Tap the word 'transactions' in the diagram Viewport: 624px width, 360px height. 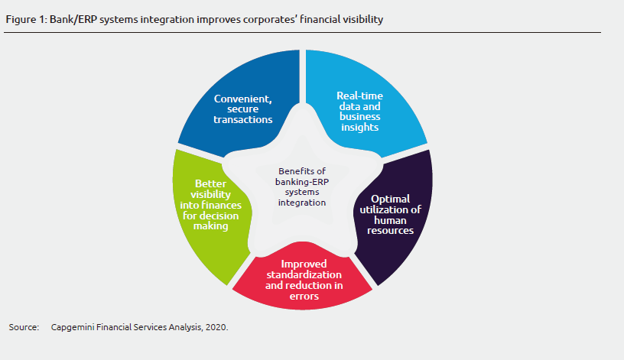(x=243, y=119)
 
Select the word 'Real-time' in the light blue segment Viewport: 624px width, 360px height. (x=359, y=96)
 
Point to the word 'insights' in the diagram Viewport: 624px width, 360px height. (x=359, y=128)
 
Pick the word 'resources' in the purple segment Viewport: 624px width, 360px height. (x=388, y=230)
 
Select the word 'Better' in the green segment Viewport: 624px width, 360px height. (x=210, y=183)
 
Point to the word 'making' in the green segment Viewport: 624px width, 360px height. (x=210, y=226)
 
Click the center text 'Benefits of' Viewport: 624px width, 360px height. (x=301, y=170)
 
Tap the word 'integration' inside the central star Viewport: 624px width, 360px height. (x=301, y=203)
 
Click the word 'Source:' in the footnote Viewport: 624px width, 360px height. (x=24, y=327)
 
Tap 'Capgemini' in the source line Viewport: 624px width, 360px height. (x=74, y=327)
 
